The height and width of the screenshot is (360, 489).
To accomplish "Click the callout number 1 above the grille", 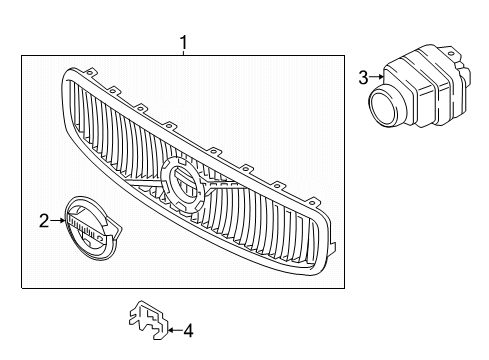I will coord(182,42).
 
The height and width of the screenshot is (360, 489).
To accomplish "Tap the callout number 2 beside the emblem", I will coord(44,221).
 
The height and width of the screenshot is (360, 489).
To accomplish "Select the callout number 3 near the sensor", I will coord(363,75).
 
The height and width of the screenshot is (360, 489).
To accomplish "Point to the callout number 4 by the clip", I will coord(188,327).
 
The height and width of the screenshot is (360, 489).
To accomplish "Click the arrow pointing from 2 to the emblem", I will coord(56,221).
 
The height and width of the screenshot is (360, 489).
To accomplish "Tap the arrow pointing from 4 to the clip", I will coord(174,327).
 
